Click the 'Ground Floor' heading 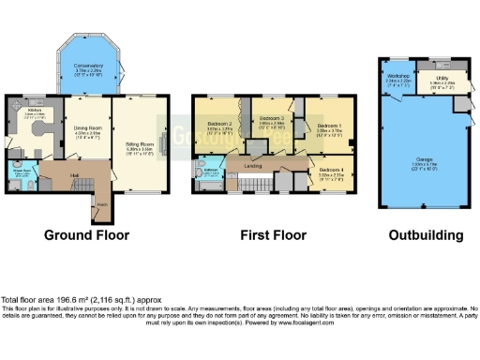[86, 236]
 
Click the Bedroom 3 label [272, 119]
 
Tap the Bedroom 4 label [330, 171]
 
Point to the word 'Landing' [253, 166]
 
